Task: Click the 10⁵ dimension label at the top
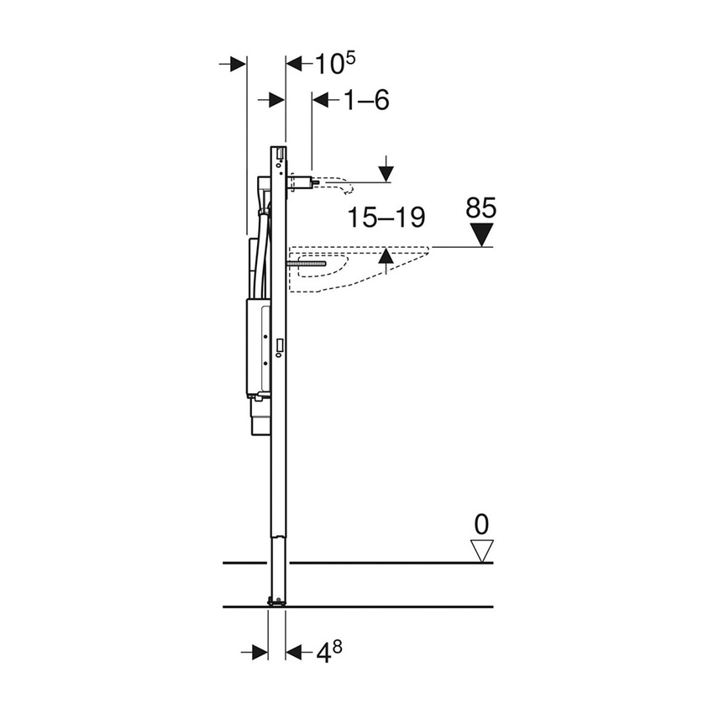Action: pos(335,63)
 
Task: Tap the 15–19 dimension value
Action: pos(387,218)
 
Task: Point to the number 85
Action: pos(480,207)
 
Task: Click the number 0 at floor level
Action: pos(480,525)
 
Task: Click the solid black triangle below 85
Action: pos(481,234)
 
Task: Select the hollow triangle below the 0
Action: pos(480,551)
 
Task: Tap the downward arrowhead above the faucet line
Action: pos(386,174)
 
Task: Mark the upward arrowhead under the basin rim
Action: pos(386,255)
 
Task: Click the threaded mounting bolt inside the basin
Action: pos(308,265)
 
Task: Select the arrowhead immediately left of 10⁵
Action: pos(294,64)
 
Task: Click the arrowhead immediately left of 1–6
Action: pos(320,100)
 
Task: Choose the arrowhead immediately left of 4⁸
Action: pos(293,652)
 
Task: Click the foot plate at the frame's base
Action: pos(276,601)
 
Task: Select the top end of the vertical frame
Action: pos(278,151)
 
